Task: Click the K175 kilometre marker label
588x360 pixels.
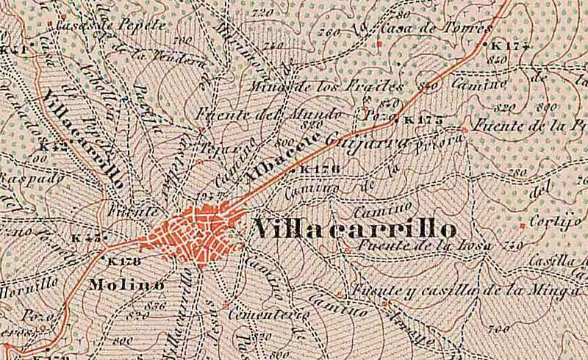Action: coord(422,120)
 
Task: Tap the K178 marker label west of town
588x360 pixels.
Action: coord(123,261)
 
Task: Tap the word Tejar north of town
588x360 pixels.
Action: coord(216,146)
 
